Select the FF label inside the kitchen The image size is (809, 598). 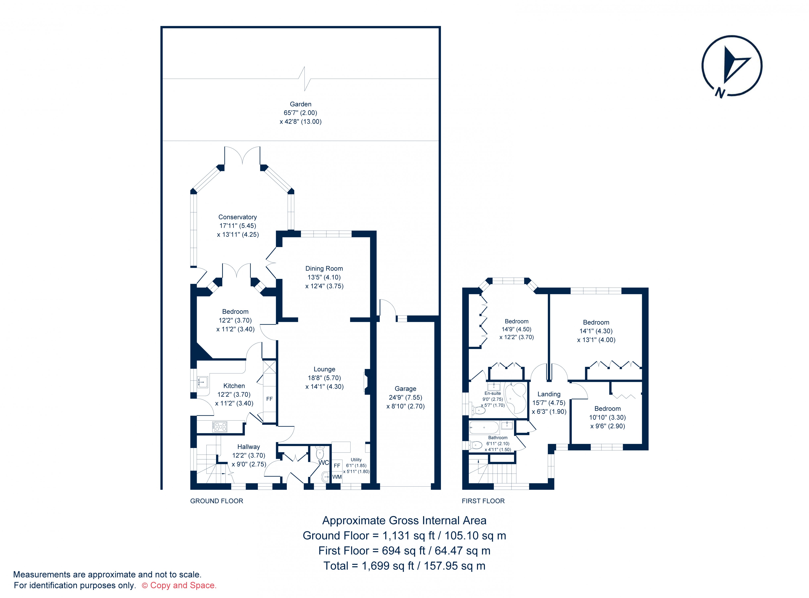[x=269, y=399]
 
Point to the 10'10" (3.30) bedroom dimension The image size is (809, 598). [x=607, y=417]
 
